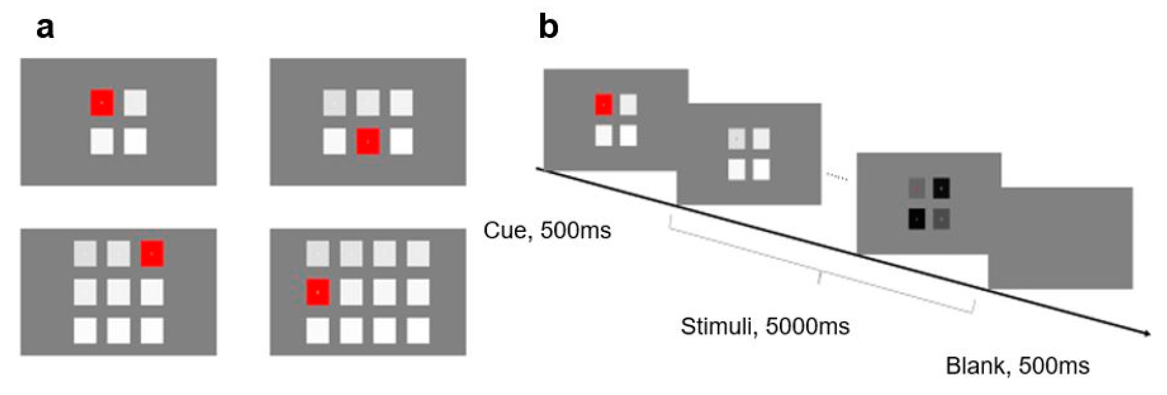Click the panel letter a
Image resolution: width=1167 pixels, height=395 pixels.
point(45,29)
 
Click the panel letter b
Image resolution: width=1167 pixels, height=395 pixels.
point(548,27)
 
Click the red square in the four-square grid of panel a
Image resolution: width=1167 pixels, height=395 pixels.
point(101,103)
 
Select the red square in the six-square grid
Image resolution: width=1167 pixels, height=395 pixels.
point(367,141)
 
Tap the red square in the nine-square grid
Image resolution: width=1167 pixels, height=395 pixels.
point(152,254)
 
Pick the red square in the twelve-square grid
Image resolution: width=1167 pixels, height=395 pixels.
point(318,292)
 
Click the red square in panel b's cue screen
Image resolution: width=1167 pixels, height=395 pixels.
point(604,104)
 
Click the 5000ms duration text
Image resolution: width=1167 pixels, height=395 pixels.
point(807,326)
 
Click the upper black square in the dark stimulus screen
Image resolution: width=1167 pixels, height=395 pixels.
point(941,188)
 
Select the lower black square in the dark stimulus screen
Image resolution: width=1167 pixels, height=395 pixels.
point(917,219)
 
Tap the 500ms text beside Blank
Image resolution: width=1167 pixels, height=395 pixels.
point(1054,366)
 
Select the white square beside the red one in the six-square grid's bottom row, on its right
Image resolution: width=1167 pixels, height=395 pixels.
point(401,141)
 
